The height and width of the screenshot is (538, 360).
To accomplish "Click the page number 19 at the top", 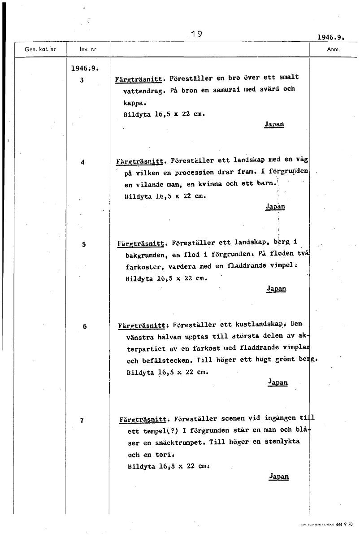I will click(196, 34).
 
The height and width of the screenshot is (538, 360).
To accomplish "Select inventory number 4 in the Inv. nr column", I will click(82, 162).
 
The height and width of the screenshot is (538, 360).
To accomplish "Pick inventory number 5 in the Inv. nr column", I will click(83, 244).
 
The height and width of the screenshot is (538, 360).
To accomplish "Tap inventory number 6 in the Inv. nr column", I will click(84, 326).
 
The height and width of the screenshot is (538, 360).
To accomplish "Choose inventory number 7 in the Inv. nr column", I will click(82, 421).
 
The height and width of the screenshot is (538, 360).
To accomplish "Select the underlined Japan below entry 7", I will click(278, 477).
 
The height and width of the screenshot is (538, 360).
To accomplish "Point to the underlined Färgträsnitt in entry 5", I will click(140, 244).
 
